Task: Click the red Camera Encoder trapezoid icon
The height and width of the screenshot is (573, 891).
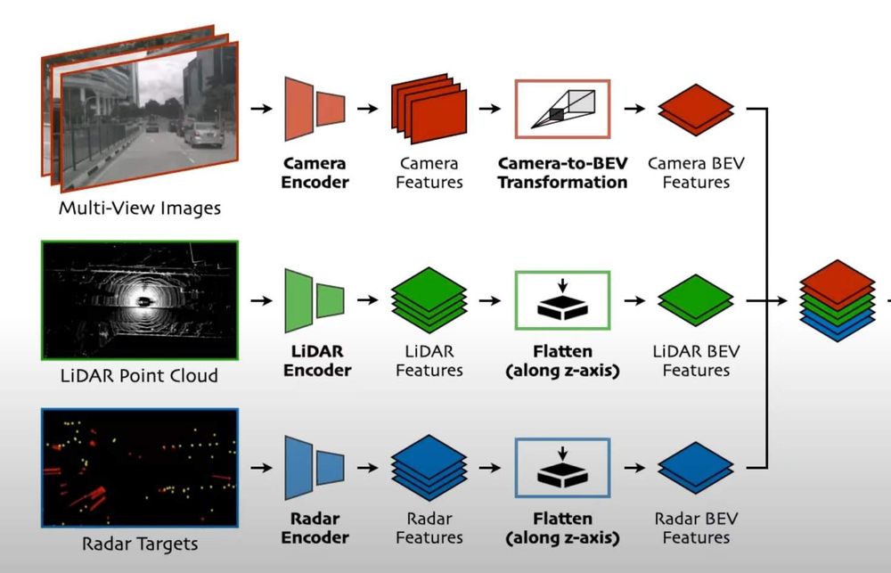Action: (315, 109)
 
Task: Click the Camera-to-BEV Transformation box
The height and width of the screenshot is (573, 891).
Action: (562, 109)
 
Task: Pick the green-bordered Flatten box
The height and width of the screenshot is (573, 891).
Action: (562, 301)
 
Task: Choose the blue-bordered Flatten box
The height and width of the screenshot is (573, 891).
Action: (562, 468)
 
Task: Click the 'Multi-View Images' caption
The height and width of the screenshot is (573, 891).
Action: (140, 209)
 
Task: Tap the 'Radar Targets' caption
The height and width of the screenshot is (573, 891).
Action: (139, 543)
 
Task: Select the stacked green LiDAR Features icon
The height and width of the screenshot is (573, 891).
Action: (429, 301)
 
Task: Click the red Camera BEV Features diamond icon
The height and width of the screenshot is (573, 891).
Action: (696, 110)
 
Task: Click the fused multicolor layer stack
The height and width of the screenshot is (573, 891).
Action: (838, 301)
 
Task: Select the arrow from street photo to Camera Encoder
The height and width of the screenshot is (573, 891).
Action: (261, 109)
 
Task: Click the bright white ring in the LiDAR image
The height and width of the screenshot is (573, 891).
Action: (140, 299)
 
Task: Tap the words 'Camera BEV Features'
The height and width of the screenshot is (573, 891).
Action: (696, 173)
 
